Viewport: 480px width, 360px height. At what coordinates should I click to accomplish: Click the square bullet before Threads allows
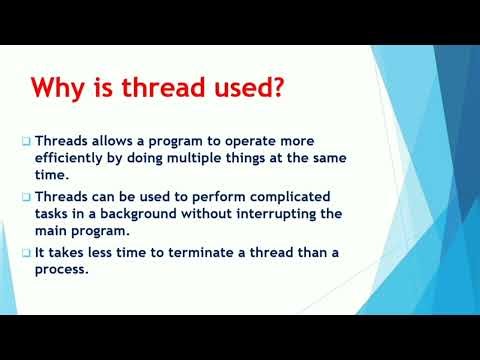pos(26,142)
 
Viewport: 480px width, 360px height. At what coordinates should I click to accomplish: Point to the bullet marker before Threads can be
pos(26,197)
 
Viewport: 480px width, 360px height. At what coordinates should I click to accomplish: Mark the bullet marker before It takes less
pos(26,252)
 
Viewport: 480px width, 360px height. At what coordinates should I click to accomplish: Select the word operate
pos(260,142)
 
